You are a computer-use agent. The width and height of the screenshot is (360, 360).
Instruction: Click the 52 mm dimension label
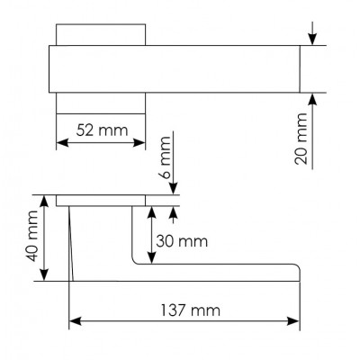[x=102, y=130]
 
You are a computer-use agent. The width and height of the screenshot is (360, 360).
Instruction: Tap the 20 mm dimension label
[x=301, y=139]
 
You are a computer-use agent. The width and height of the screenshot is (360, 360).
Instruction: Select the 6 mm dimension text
[x=165, y=157]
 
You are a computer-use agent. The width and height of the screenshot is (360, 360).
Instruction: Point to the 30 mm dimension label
[x=182, y=241]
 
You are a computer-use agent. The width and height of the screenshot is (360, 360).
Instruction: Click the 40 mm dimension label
[x=31, y=236]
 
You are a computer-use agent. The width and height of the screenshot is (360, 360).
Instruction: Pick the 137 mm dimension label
[x=191, y=310]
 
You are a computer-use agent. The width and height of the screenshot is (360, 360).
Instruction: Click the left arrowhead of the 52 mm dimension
[x=62, y=143]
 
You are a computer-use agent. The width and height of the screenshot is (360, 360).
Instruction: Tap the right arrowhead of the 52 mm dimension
[x=139, y=143]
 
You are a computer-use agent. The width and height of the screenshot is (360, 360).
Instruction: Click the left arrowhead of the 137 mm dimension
[x=76, y=321]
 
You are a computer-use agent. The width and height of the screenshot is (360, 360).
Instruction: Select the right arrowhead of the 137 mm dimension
[x=293, y=321]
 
